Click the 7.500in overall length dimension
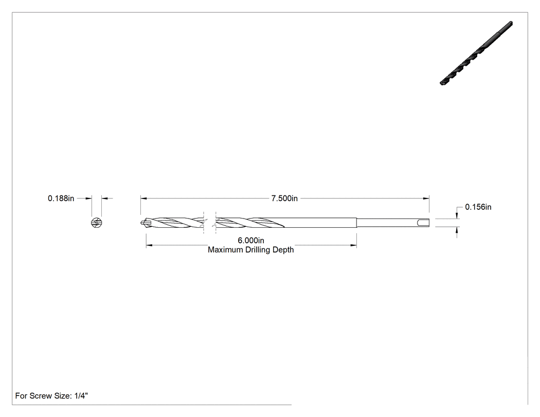click(x=284, y=198)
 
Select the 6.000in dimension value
click(x=251, y=240)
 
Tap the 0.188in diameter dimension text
click(x=61, y=198)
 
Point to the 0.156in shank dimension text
click(x=478, y=207)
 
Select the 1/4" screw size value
click(x=81, y=395)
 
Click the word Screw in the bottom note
click(x=40, y=395)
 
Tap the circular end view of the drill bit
click(x=97, y=223)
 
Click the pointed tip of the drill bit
click(x=141, y=223)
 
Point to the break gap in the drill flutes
click(x=210, y=223)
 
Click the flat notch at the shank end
click(x=423, y=223)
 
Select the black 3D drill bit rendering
click(x=476, y=53)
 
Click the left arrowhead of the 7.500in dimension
click(x=143, y=198)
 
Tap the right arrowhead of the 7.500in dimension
click(x=426, y=198)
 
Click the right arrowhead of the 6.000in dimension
click(x=353, y=245)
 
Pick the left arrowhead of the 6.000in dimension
click(x=149, y=245)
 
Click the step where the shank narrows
click(x=356, y=223)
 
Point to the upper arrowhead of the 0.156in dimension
click(x=457, y=215)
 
